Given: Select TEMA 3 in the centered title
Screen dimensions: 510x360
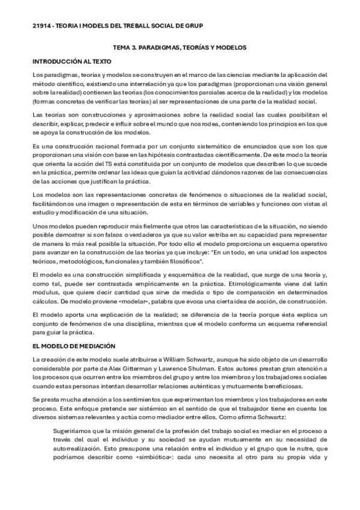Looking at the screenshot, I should click(126, 48).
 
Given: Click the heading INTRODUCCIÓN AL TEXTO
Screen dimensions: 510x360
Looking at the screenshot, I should click(72, 61).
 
